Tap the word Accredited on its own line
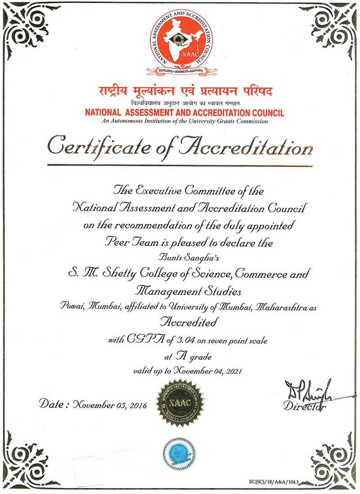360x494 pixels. click(x=189, y=322)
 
